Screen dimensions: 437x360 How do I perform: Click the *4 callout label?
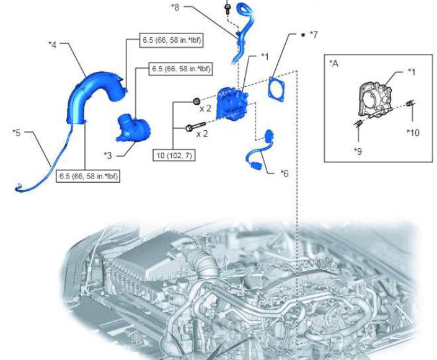coord(53,44)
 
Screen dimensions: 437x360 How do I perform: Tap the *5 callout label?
coord(17,133)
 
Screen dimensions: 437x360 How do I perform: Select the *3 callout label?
coord(108,155)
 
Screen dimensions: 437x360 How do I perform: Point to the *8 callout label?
coord(175,7)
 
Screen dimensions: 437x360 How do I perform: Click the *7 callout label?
coord(314,35)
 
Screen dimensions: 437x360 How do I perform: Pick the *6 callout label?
coord(285,173)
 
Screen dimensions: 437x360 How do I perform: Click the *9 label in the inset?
coord(358,151)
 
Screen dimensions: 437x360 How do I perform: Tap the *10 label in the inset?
coord(413,133)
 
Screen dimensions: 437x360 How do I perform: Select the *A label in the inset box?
coord(333,64)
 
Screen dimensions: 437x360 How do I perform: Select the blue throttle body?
coord(232,103)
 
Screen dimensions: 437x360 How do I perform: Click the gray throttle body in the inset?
coord(375,99)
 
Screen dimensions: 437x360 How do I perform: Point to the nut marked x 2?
coord(196,101)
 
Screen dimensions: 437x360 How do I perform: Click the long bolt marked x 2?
coord(195,126)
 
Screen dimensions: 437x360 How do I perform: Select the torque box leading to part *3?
coord(181,68)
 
